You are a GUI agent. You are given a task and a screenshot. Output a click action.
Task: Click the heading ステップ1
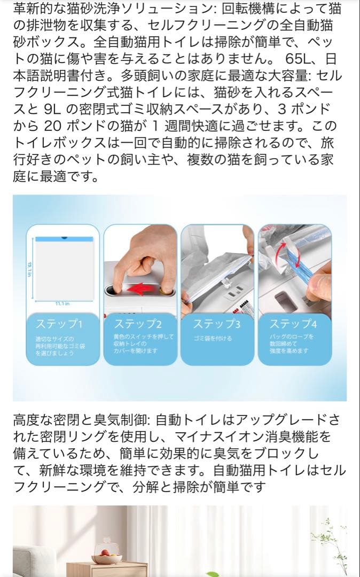tap(59, 324)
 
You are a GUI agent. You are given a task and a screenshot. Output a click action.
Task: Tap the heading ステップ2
tap(138, 324)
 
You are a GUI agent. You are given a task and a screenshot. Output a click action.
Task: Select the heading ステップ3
tap(216, 324)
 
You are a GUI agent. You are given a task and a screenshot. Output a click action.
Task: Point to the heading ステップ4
tap(293, 324)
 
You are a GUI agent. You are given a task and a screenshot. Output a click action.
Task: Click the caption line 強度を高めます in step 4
tap(288, 351)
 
